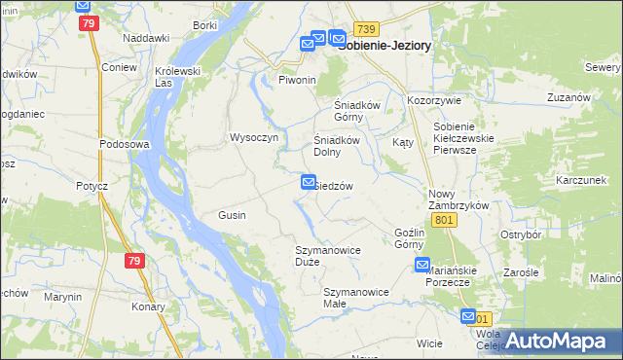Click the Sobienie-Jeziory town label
tap(385, 45)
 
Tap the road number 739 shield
tap(366, 30)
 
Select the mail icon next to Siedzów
tap(309, 181)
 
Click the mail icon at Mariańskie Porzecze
tap(422, 265)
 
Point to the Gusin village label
tap(232, 215)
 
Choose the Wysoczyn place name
tap(253, 137)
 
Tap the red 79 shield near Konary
tap(134, 261)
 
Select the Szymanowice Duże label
tap(328, 256)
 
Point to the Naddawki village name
tap(146, 37)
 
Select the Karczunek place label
tap(581, 181)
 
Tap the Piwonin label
tap(299, 79)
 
